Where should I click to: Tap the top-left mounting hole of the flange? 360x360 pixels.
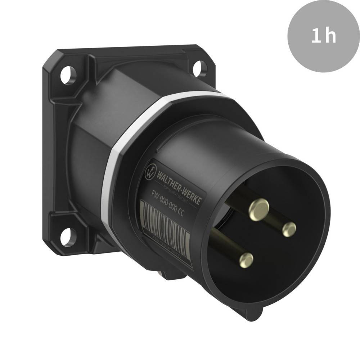67,75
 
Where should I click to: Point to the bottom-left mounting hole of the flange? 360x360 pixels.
66,237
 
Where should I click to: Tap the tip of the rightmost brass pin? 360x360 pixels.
289,229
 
